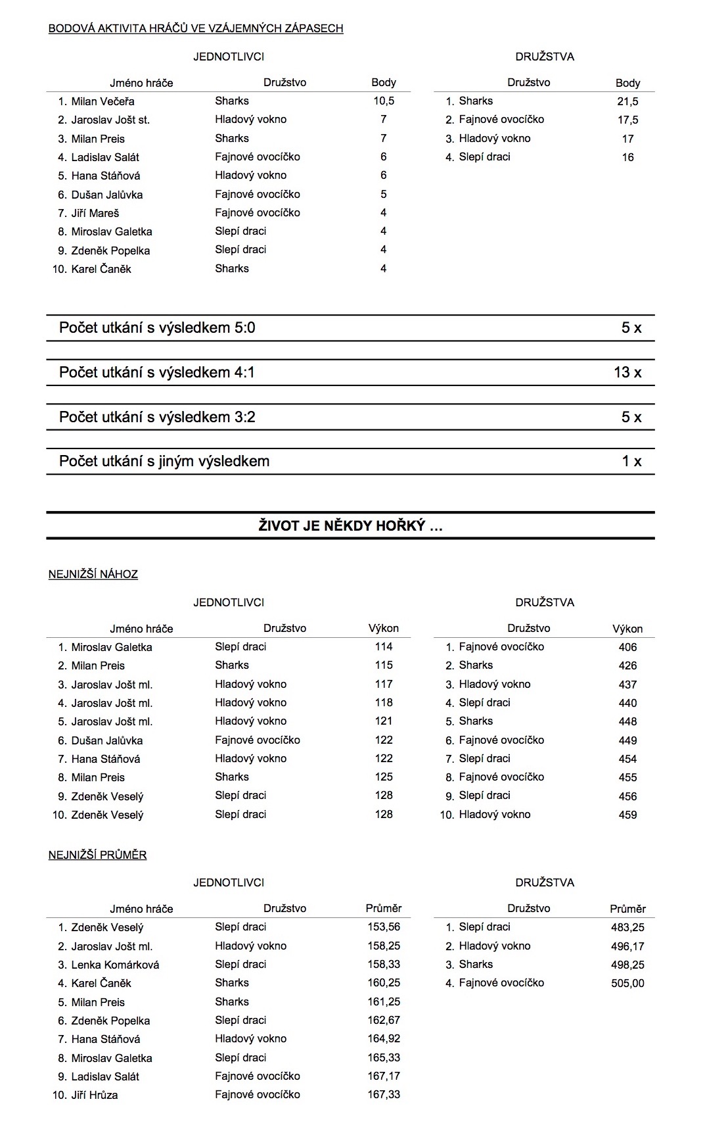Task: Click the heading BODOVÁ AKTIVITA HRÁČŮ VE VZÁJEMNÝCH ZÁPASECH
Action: (x=196, y=28)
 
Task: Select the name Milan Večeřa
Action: (x=102, y=101)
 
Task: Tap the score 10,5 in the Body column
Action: (x=384, y=101)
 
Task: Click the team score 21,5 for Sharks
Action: (x=627, y=102)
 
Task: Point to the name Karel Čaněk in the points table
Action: (x=101, y=269)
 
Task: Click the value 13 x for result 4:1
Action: (x=627, y=373)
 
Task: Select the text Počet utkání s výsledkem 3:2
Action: (x=157, y=417)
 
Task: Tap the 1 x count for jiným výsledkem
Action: (x=631, y=462)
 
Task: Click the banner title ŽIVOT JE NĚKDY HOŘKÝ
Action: (x=350, y=526)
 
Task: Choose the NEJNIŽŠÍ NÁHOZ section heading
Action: (x=93, y=575)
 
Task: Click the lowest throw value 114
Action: (x=384, y=647)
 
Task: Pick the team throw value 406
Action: (x=627, y=648)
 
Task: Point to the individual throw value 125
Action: (x=384, y=777)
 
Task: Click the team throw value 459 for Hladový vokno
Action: (x=627, y=815)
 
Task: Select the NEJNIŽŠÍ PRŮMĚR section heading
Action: (x=97, y=855)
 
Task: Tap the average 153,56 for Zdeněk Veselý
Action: (x=384, y=927)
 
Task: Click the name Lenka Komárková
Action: (x=115, y=965)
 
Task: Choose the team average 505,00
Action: (x=627, y=984)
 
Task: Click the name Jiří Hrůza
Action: (x=95, y=1096)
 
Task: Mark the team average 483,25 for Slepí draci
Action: (x=627, y=928)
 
